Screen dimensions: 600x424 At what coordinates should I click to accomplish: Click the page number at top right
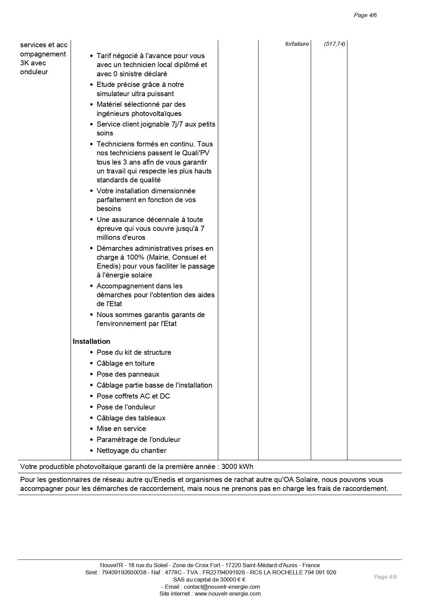coord(365,15)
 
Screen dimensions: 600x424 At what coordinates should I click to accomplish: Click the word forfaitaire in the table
coord(297,44)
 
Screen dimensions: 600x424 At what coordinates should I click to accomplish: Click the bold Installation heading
coord(91,341)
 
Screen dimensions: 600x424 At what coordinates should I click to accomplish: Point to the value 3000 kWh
coord(237,467)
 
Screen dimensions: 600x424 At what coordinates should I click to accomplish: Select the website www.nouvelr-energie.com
coord(228,594)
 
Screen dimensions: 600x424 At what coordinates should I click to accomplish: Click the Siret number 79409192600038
coord(124,572)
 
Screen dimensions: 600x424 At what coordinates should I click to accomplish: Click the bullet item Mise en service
coord(121,429)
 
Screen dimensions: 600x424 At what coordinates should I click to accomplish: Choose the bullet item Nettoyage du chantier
coord(131,451)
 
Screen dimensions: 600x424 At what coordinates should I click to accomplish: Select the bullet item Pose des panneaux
coord(128,374)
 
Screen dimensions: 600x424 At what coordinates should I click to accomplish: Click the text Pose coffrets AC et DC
coord(133,396)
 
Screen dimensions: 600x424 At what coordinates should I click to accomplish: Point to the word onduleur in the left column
coord(34,72)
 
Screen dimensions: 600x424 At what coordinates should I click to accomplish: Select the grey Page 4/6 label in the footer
coord(385,577)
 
